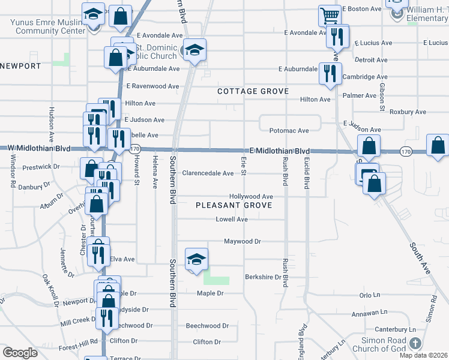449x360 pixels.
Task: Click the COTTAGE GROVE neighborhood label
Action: pos(253,91)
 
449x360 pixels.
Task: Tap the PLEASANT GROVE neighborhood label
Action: pos(234,205)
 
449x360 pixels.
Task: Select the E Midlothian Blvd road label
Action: pos(280,151)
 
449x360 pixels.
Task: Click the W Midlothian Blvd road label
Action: pos(38,148)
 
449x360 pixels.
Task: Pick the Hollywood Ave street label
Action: pos(251,196)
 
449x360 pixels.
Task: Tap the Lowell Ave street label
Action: pos(232,220)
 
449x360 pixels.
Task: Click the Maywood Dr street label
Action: pos(243,242)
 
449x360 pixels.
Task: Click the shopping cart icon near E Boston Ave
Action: pos(330,16)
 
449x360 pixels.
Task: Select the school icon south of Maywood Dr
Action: pos(196,259)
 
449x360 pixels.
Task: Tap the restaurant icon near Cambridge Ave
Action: pos(329,73)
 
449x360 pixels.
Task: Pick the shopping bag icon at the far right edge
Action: pos(438,145)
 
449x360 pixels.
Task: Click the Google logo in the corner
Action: pos(20,353)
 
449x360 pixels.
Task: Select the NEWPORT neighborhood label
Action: pos(20,66)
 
